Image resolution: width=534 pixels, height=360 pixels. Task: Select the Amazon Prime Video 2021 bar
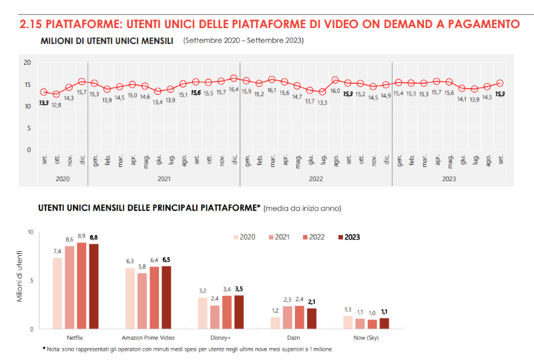(142, 301)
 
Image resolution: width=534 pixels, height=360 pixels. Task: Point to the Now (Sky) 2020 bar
(348, 322)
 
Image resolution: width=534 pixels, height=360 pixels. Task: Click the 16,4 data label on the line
(234, 89)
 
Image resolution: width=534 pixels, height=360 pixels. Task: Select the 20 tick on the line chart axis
(28, 63)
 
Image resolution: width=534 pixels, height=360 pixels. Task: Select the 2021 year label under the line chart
(164, 179)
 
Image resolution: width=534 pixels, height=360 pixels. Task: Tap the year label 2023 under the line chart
(449, 179)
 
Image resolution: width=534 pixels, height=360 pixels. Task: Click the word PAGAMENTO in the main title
(476, 25)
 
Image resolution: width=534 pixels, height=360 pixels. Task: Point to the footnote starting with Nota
(187, 349)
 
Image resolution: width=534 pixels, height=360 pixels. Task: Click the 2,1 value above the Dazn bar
(312, 302)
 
